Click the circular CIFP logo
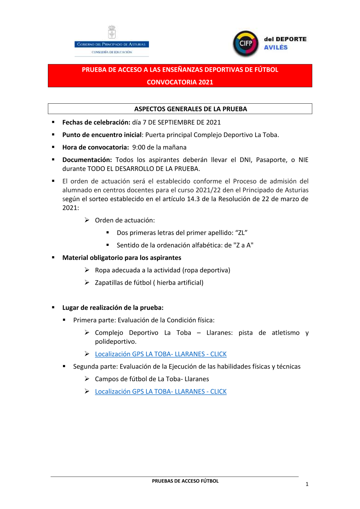coord(246,44)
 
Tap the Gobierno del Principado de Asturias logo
coord(112,42)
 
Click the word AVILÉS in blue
coord(276,48)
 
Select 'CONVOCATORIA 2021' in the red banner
coord(180,82)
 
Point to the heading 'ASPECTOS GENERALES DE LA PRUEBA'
coord(190,109)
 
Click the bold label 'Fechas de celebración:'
coord(96,122)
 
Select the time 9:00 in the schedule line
coord(139,147)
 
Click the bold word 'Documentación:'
coord(87,160)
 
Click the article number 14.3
coord(193,199)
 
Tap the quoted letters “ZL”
coord(241,233)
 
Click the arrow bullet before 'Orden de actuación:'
coord(87,220)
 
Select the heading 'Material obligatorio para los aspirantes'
coord(122,258)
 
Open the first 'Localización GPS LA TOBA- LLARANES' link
coord(161,354)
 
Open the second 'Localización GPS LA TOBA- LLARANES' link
coord(161,392)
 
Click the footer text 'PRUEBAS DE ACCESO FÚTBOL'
coord(185,481)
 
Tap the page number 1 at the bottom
coord(307,484)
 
